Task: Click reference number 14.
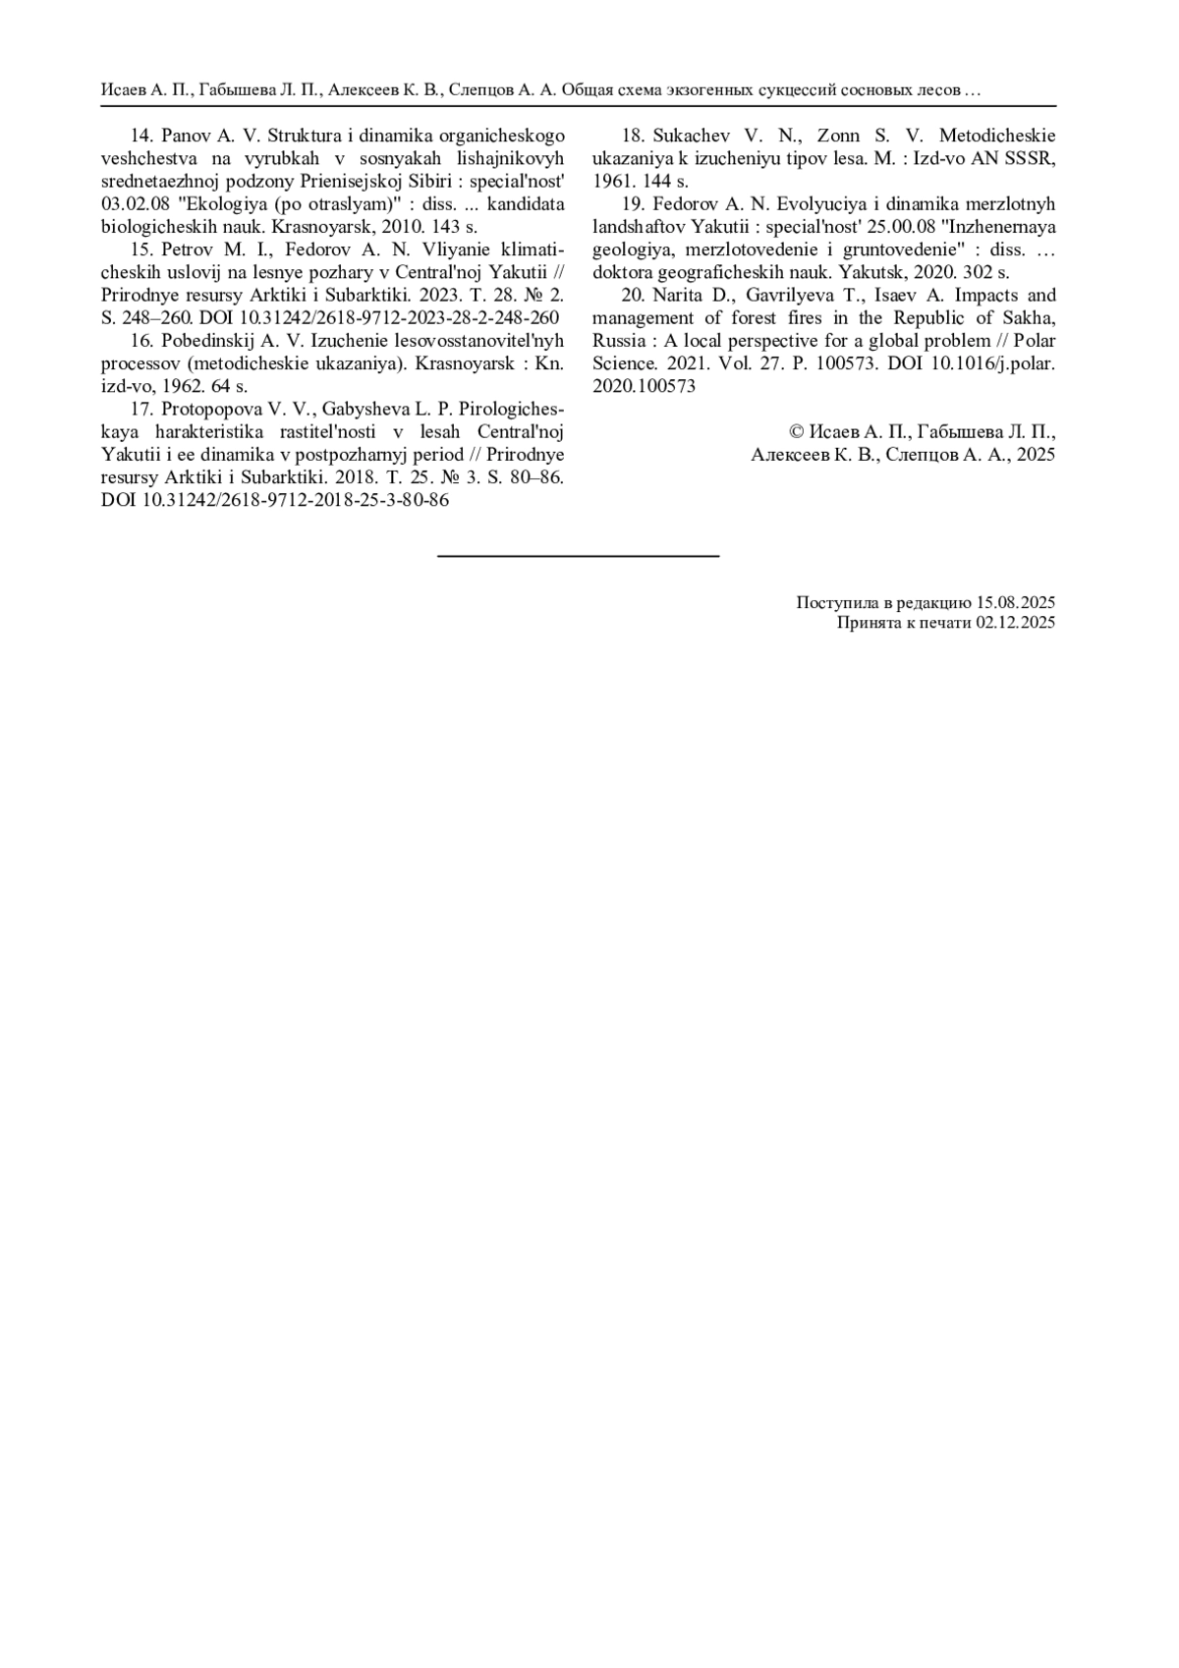142,137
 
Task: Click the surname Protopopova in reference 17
207,409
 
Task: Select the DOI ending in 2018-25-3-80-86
275,500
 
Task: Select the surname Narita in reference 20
681,296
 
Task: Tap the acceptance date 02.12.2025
1016,623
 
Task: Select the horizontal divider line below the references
578,557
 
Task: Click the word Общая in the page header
588,90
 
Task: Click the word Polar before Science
1034,341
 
